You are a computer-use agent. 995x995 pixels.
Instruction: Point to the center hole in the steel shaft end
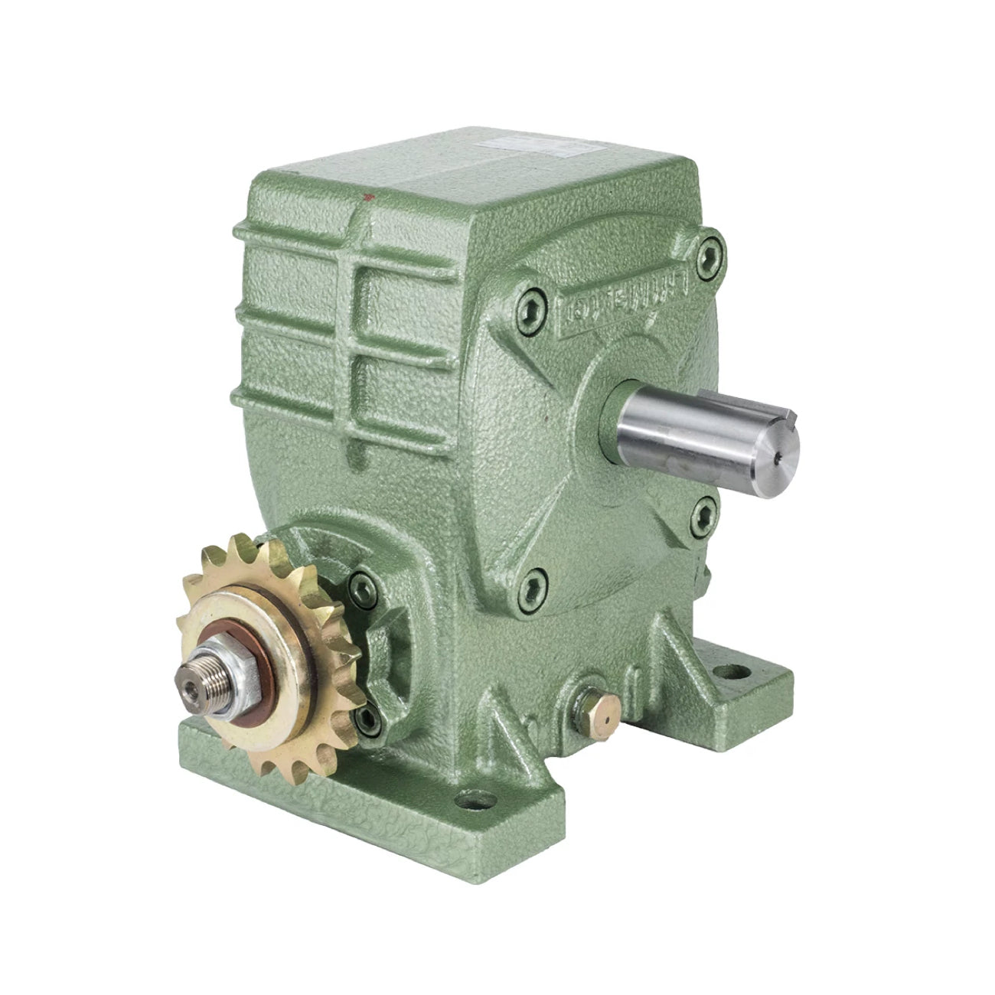pos(777,455)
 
